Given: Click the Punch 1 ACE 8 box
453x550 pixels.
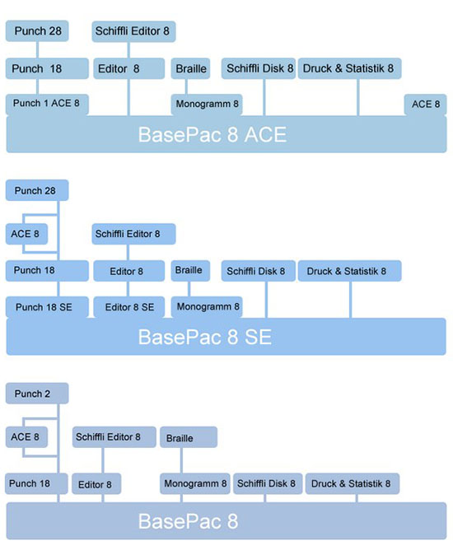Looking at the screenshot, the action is coord(47,105).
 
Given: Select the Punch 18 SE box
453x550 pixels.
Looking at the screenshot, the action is coord(47,307).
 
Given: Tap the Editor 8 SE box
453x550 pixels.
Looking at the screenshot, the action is coord(128,307).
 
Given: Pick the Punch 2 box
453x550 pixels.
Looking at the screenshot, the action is coord(37,394).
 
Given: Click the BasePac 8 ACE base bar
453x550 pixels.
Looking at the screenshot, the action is coord(226,134).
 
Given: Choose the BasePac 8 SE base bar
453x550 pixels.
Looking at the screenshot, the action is coord(226,337).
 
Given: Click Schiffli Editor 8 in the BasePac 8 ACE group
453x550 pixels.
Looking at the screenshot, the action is coord(133,31).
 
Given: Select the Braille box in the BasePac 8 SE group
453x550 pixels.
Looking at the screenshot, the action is coord(190,270).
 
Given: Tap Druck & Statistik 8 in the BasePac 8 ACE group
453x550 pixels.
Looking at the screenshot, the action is coord(349,68).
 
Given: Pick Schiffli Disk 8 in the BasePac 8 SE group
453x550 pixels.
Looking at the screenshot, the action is coord(259,271).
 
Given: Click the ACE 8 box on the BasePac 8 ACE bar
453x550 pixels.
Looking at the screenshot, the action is coord(425,105).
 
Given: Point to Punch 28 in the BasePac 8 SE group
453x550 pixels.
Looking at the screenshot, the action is coord(37,190).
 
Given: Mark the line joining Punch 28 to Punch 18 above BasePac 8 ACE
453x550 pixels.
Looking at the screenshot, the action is coord(37,50).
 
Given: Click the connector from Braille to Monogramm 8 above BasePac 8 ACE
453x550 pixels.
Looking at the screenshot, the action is coord(186,86).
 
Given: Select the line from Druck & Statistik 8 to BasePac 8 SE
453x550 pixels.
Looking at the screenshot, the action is coord(350,300).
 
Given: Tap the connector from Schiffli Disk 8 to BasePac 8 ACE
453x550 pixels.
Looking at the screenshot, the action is coord(264,97).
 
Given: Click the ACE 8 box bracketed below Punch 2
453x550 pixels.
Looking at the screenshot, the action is coord(26,437).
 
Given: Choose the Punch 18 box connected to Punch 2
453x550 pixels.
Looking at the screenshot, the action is coord(36,483).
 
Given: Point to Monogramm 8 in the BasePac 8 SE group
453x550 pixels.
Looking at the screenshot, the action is coord(207,307).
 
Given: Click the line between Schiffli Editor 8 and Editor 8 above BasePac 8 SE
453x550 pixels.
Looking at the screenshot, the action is coord(128,253).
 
